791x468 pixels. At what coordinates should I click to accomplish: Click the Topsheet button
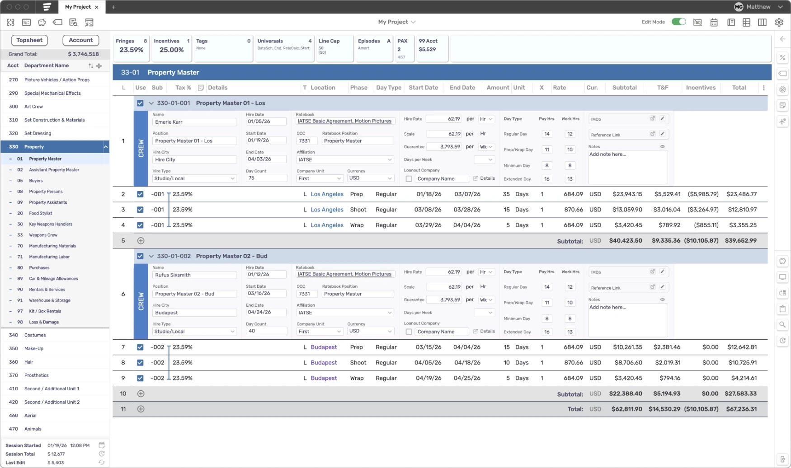click(29, 40)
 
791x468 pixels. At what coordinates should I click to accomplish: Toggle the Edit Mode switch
click(678, 22)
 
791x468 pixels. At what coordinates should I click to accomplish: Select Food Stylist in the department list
click(41, 213)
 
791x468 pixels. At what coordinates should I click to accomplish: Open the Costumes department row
click(35, 335)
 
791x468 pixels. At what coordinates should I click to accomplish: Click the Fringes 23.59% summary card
click(131, 47)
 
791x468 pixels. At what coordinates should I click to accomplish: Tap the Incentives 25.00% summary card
click(171, 47)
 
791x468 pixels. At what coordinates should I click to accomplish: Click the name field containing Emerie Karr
click(194, 122)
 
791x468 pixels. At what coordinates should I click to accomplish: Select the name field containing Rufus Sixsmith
click(194, 275)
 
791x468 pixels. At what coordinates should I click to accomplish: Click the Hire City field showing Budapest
click(194, 313)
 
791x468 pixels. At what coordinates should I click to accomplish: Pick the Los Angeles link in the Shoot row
click(327, 210)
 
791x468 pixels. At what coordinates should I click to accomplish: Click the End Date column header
click(462, 88)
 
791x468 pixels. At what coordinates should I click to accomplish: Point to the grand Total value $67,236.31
click(741, 409)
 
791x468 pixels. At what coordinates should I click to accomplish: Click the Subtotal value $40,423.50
click(625, 241)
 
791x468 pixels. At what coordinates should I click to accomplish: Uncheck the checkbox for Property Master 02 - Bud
click(140, 256)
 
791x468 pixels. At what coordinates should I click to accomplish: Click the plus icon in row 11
click(141, 409)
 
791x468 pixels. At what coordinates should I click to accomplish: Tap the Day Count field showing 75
click(266, 178)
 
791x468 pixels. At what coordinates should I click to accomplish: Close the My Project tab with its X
click(97, 7)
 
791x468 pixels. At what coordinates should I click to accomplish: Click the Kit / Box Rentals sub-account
click(45, 311)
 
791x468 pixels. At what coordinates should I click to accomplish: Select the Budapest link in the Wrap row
click(324, 378)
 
